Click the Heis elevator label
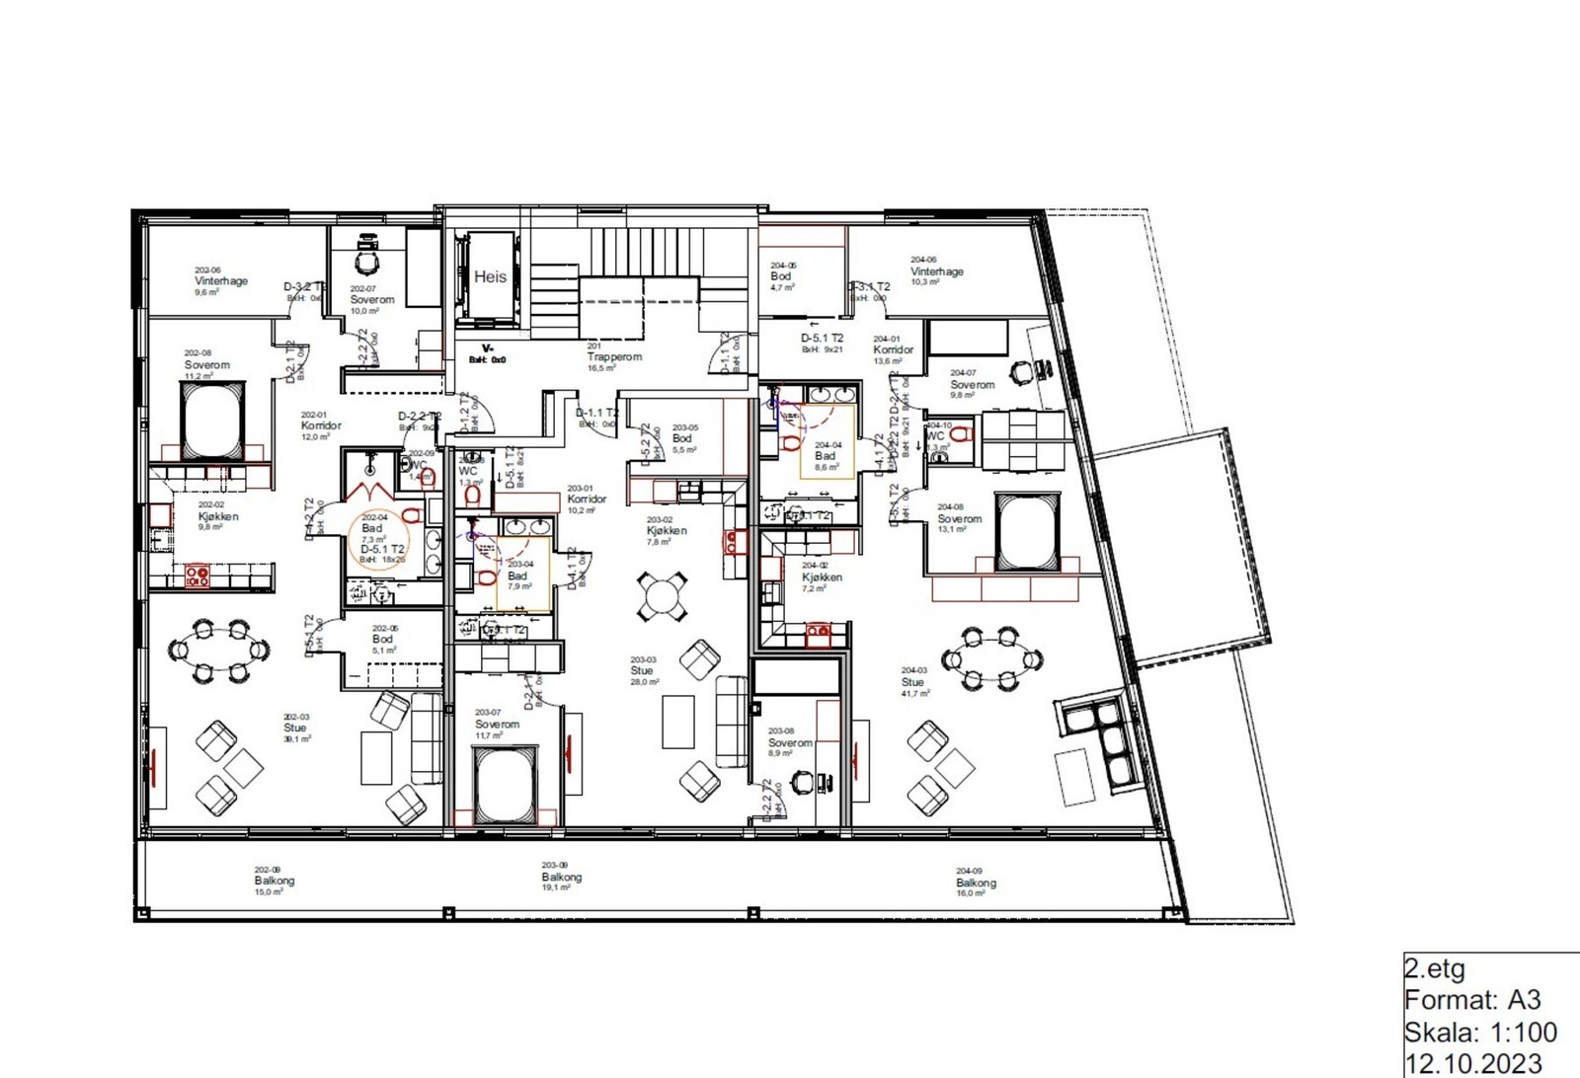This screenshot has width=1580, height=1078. (490, 277)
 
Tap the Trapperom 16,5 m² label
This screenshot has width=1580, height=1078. (613, 357)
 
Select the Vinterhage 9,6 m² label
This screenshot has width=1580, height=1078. (220, 281)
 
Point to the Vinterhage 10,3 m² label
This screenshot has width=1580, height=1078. (936, 271)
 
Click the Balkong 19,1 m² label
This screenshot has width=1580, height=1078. (561, 877)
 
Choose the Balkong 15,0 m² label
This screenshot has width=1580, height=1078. (274, 881)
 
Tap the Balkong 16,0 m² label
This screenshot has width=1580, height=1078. (975, 883)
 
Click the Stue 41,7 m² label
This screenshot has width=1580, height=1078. (913, 682)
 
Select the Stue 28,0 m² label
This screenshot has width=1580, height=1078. (643, 671)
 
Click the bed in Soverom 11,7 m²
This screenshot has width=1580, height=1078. (504, 786)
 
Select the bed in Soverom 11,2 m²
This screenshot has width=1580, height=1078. (211, 420)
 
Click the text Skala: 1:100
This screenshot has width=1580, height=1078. (1479, 1033)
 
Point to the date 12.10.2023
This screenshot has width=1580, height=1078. (1472, 1063)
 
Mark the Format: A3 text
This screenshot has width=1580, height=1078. (1471, 1000)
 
